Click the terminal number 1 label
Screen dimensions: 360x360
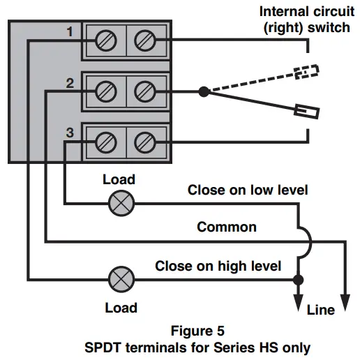(70, 32)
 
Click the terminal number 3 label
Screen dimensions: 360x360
(68, 133)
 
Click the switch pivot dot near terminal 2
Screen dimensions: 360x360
(203, 91)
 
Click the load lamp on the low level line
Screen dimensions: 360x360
(123, 204)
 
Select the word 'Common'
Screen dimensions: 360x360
(227, 227)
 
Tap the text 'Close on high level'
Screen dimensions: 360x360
(218, 265)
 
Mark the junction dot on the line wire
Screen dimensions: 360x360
(299, 279)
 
